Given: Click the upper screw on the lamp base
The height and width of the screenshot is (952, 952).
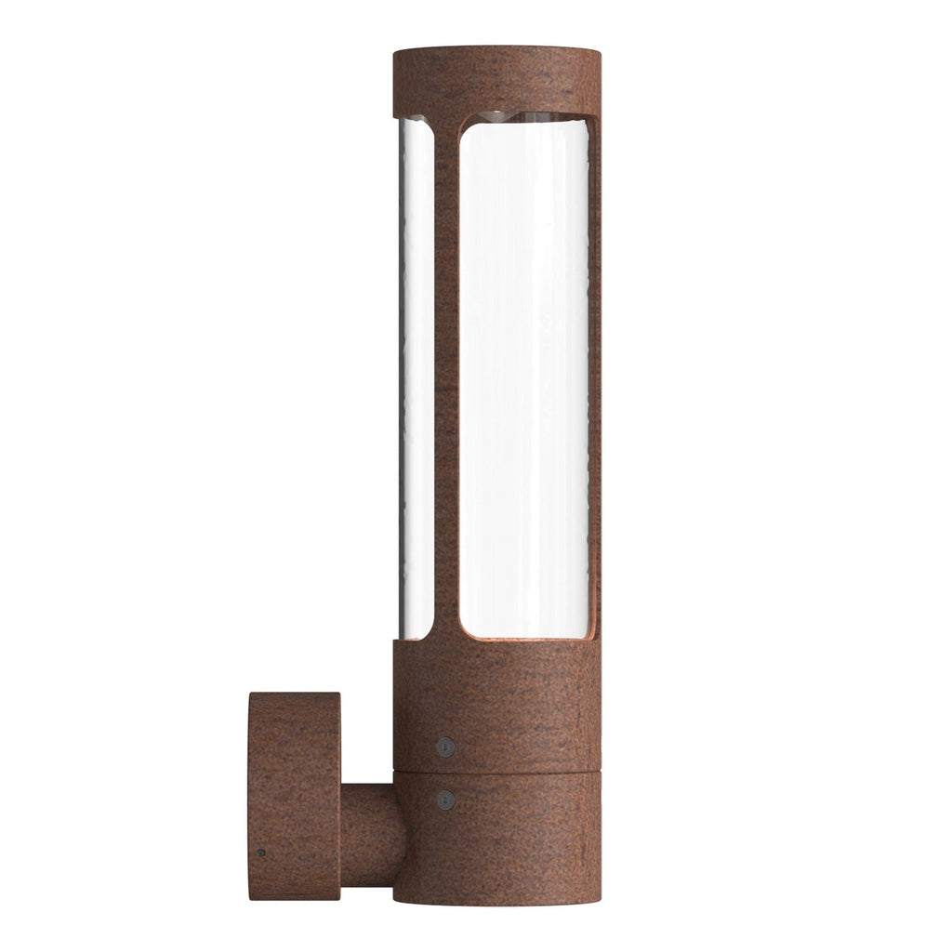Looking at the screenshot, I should click(446, 746).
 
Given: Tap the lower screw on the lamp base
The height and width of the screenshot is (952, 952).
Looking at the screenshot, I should click(446, 799).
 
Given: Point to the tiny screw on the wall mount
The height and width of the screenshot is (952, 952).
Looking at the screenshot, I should click(261, 853).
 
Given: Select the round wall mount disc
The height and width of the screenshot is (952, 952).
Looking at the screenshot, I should click(294, 796).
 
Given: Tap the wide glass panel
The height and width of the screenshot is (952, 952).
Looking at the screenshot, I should click(525, 372).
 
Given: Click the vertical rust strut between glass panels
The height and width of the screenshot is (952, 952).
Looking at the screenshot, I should click(447, 372).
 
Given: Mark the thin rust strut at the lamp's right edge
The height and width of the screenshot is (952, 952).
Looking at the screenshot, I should click(596, 372).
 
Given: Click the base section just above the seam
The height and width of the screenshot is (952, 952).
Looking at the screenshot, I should click(496, 707).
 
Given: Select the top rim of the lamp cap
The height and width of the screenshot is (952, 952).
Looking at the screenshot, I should click(496, 47).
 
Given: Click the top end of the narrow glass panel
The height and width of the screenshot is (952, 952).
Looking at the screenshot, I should click(416, 122).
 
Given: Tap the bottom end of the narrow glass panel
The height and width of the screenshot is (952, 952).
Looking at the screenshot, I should click(416, 635).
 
